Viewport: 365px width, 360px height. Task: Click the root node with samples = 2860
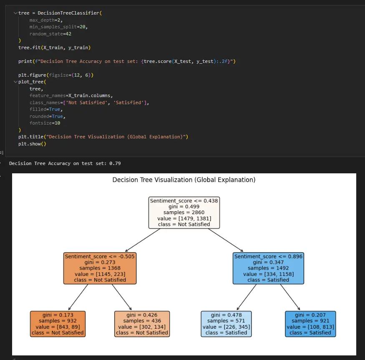(184, 212)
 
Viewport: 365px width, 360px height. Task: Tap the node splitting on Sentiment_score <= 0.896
(268, 268)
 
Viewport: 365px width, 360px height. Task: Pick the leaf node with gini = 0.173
(58, 324)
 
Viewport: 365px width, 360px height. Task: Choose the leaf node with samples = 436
(142, 324)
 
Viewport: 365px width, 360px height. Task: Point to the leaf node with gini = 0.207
(310, 324)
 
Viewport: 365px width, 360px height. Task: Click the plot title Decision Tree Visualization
(184, 180)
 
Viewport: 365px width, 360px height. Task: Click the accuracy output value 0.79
(115, 163)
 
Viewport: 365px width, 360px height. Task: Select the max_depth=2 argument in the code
(46, 20)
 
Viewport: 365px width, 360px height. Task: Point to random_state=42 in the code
(48, 34)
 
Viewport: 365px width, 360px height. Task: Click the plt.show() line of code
(32, 143)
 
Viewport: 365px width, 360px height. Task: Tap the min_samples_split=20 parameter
(58, 27)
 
